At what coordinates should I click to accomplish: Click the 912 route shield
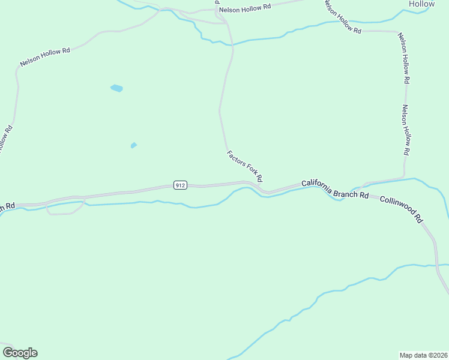pos(180,185)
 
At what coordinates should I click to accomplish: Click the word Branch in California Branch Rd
pos(346,192)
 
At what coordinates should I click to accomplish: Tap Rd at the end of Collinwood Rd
pos(419,218)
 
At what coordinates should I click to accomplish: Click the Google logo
pos(20,353)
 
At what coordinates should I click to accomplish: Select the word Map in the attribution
pos(407,355)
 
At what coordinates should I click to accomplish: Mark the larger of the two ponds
pos(116,88)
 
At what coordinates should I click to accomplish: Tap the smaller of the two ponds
pos(133,145)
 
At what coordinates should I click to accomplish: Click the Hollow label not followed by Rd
pos(421,4)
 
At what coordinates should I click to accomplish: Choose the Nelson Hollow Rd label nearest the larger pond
pos(44,57)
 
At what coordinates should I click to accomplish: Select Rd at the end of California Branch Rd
pos(364,195)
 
